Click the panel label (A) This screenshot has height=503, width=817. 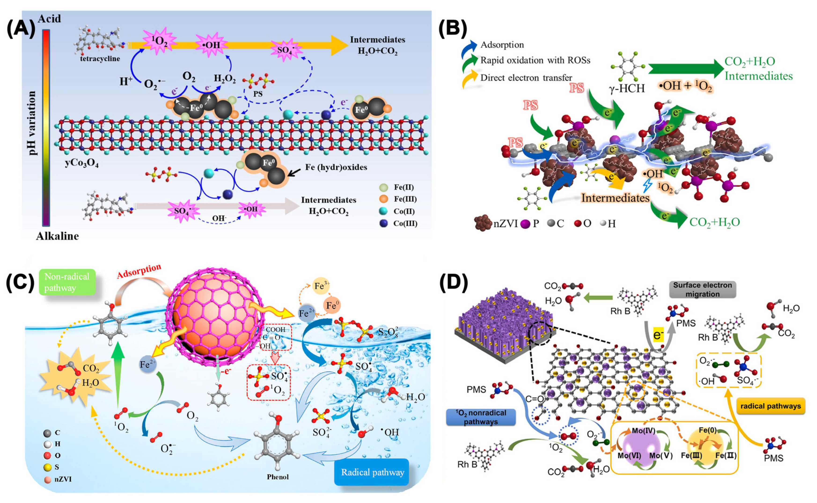pyautogui.click(x=21, y=29)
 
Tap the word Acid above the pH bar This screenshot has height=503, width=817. pyautogui.click(x=49, y=19)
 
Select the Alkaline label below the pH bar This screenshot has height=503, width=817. pyautogui.click(x=57, y=236)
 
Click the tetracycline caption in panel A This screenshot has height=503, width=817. pyautogui.click(x=100, y=59)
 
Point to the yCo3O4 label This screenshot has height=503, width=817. pyautogui.click(x=81, y=163)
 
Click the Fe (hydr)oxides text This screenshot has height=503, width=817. pyautogui.click(x=336, y=167)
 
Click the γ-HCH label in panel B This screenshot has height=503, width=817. pyautogui.click(x=627, y=88)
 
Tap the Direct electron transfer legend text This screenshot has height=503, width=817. pyautogui.click(x=526, y=78)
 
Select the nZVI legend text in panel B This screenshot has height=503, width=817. pyautogui.click(x=505, y=224)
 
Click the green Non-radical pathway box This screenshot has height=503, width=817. pyautogui.click(x=67, y=282)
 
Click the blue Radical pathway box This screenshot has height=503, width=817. pyautogui.click(x=372, y=472)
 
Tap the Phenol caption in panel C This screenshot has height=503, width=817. pyautogui.click(x=278, y=477)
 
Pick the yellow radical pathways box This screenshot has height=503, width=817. pyautogui.click(x=770, y=406)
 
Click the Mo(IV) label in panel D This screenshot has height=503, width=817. pyautogui.click(x=643, y=431)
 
